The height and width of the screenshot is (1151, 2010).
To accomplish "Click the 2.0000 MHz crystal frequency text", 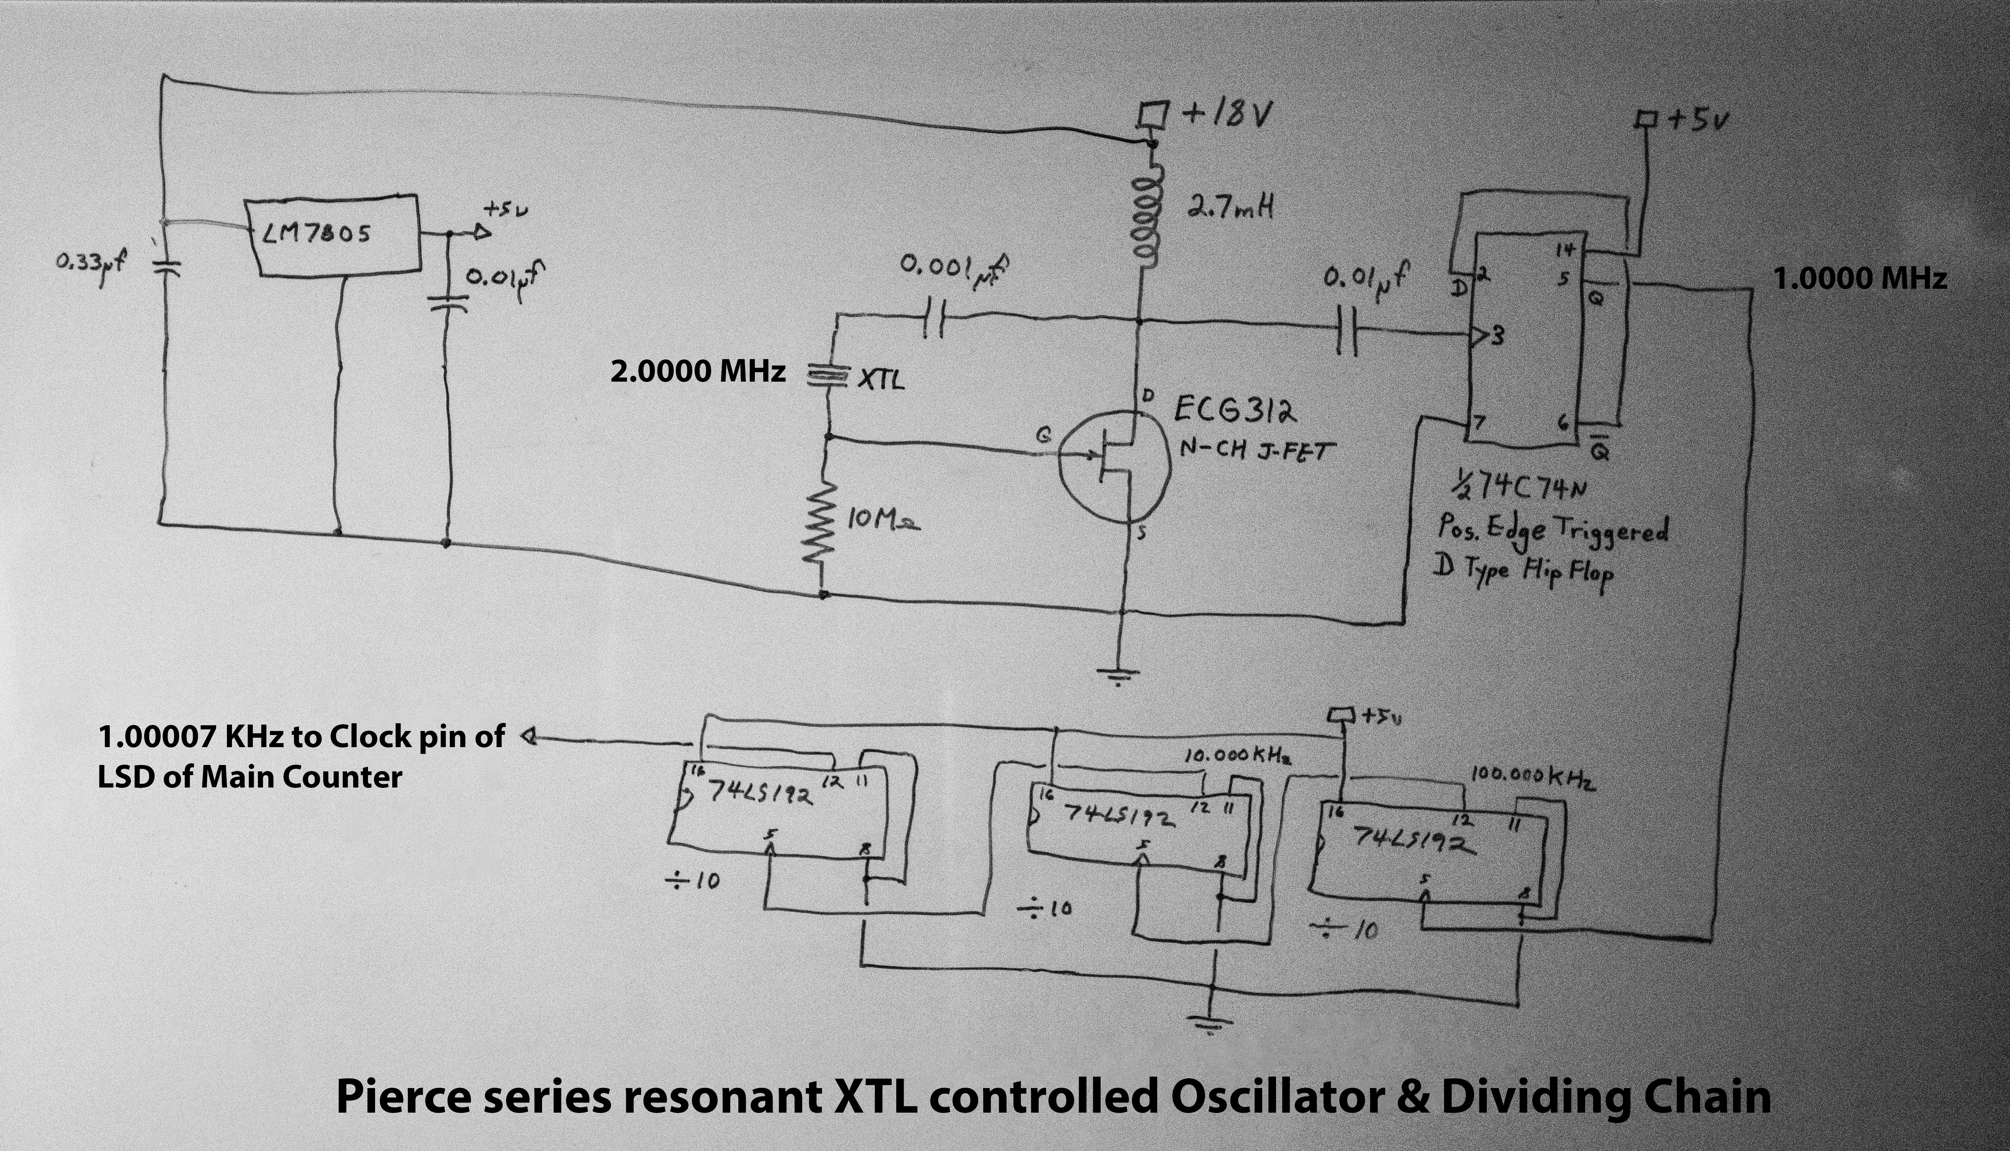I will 697,371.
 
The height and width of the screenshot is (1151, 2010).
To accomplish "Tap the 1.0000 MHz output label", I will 1860,278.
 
